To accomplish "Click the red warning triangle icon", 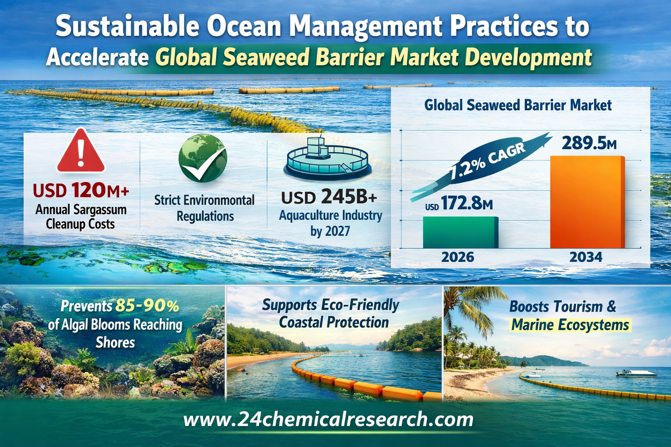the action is click(81, 151).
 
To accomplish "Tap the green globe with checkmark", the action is click(203, 158).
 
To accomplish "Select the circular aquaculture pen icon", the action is click(327, 159).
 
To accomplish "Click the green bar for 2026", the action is click(460, 232).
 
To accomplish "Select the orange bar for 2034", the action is click(588, 202).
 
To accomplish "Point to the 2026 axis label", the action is click(458, 257).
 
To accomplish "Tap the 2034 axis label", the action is click(586, 257).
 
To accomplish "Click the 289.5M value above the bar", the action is click(589, 143).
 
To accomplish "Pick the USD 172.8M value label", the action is click(459, 203).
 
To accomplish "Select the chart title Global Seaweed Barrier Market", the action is click(518, 105).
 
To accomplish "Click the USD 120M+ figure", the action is click(81, 190).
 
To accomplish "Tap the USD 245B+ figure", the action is click(329, 197).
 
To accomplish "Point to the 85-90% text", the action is click(147, 306).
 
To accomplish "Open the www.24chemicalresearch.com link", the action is click(329, 419).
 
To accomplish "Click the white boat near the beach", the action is click(636, 373).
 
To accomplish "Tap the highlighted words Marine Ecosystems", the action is click(570, 325).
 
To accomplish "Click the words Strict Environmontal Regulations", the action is click(204, 208).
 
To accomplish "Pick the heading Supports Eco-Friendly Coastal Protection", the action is click(330, 313).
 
